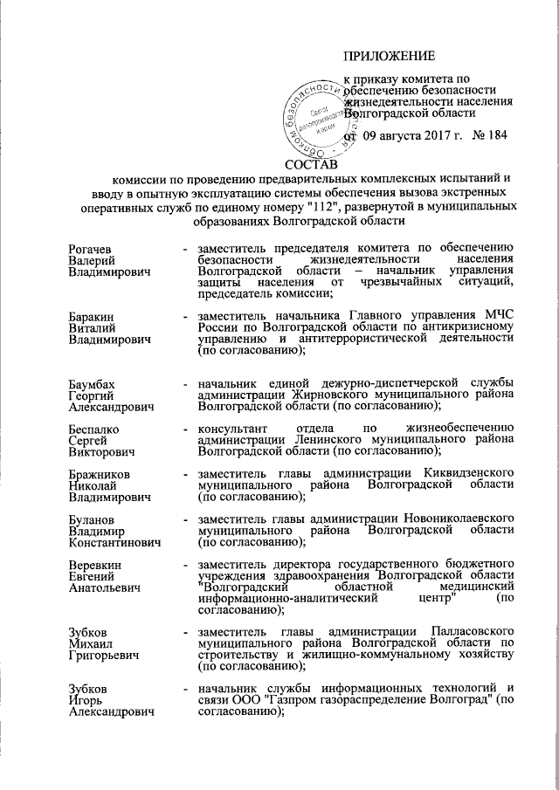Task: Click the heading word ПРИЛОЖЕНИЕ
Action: pyautogui.click(x=389, y=57)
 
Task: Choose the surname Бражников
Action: pyautogui.click(x=100, y=474)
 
